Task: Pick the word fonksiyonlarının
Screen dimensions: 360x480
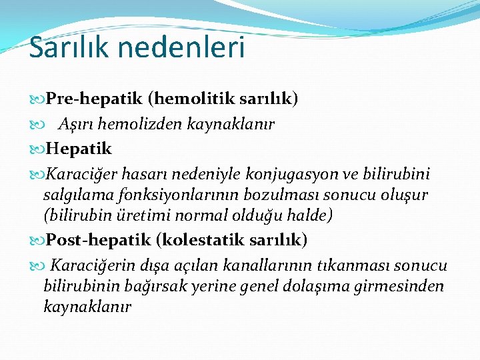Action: point(181,195)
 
